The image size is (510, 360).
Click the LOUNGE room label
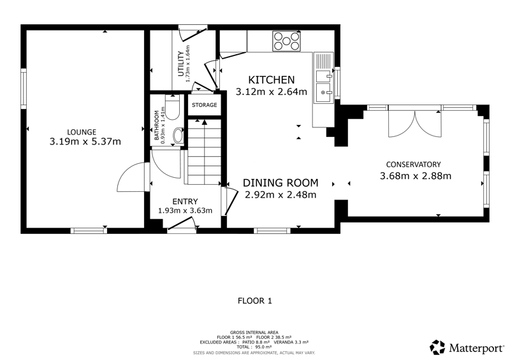point(82,132)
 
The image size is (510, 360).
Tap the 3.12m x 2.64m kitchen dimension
point(272,92)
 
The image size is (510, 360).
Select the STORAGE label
point(204,105)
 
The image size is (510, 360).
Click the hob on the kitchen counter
point(286,41)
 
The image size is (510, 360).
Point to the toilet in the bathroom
point(172,107)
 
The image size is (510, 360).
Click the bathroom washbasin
point(178,136)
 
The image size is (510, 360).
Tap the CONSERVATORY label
point(413,164)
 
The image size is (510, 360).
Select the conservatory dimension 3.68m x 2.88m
point(416,176)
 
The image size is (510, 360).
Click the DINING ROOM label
point(280,183)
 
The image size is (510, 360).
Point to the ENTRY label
point(185,201)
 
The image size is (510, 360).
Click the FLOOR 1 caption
point(254,301)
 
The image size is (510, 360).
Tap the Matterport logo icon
point(437,347)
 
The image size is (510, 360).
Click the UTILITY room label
point(181,64)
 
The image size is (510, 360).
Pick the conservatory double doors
point(415,124)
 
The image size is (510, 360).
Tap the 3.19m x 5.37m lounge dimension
point(85,142)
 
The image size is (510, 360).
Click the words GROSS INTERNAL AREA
point(254,333)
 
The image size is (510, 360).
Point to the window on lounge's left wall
point(24,89)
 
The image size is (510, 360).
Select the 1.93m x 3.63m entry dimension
point(185,211)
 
